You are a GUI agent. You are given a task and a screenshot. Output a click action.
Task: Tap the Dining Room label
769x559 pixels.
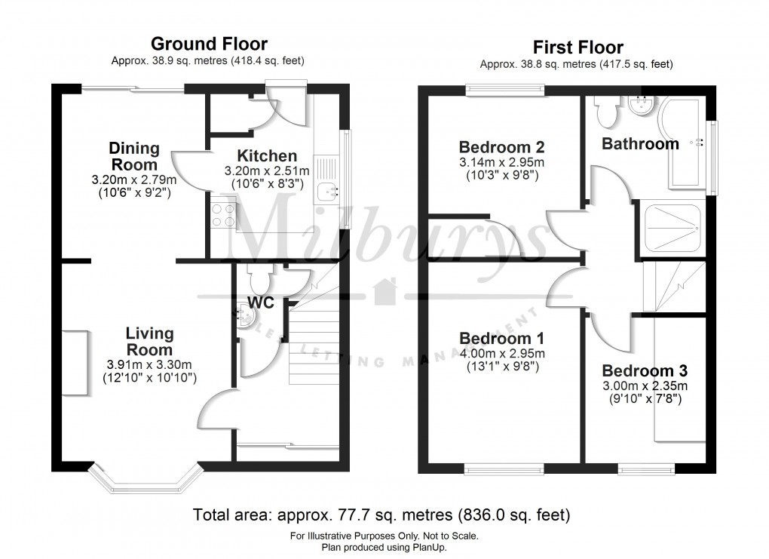134,156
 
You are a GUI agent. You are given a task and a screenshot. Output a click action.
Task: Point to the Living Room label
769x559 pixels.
149,341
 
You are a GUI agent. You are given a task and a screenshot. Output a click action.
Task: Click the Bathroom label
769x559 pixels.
639,143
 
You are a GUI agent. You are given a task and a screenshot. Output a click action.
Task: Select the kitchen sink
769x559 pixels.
327,191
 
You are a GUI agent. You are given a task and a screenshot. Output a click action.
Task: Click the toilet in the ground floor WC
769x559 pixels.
259,281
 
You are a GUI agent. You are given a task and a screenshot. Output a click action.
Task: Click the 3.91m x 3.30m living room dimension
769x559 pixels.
149,365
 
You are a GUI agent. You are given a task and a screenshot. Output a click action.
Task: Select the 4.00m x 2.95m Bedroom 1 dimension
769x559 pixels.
502,353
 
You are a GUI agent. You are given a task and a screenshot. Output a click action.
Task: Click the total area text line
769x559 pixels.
381,516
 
